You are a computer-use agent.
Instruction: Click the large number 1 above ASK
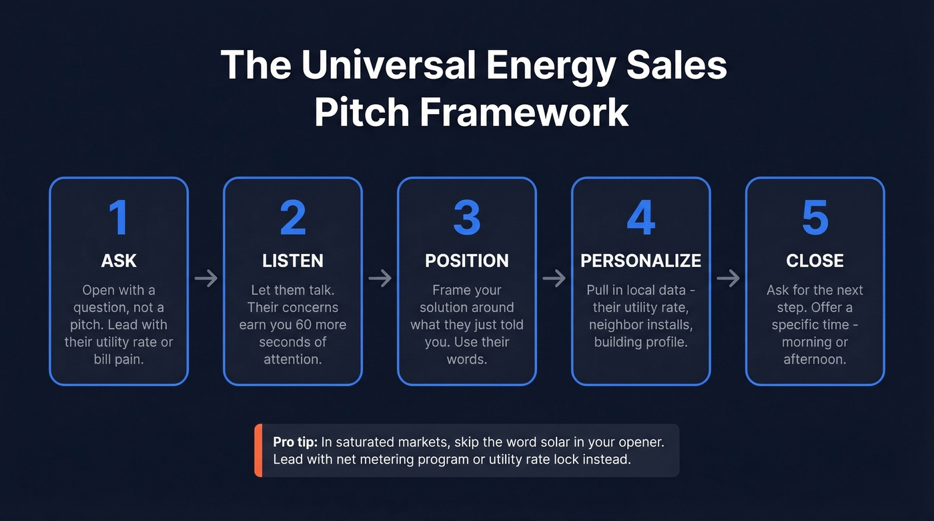(118, 217)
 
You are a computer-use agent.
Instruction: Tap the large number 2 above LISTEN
(292, 217)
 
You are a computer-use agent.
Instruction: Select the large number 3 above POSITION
(466, 217)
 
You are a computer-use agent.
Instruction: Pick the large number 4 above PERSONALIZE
(640, 217)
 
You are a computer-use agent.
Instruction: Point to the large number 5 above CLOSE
(815, 217)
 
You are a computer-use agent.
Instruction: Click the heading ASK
(119, 261)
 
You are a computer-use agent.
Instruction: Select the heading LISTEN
(293, 261)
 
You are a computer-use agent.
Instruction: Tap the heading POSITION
(467, 261)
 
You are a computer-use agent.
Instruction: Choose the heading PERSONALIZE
(641, 261)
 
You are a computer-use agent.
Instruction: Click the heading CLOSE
(815, 261)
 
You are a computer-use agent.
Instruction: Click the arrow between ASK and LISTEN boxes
(206, 278)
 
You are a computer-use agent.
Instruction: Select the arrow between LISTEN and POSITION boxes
(380, 278)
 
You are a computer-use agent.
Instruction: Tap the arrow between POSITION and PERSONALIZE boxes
(554, 278)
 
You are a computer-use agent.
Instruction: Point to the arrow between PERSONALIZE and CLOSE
(729, 278)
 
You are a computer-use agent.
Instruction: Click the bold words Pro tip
(295, 442)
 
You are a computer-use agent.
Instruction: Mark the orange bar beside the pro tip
(258, 450)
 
